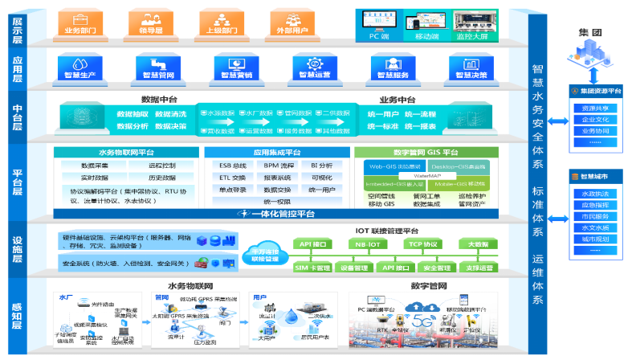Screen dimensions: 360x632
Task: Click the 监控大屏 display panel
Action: [475, 24]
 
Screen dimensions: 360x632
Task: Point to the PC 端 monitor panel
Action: [379, 23]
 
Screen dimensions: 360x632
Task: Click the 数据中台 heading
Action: [159, 100]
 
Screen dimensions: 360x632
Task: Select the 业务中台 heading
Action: [397, 100]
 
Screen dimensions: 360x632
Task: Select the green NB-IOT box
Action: [369, 243]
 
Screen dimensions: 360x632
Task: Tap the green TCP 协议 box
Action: [422, 243]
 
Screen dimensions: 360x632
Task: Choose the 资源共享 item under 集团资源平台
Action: [594, 108]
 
